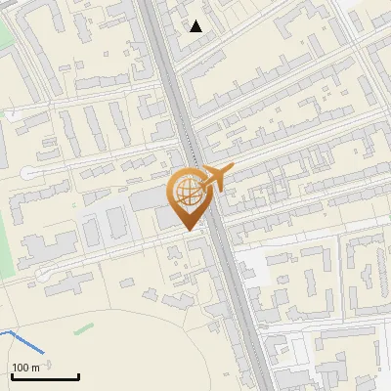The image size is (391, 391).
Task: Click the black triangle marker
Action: point(196,26)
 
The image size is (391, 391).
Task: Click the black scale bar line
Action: point(45,376)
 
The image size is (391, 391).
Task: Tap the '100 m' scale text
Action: point(26,368)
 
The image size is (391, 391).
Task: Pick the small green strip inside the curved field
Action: point(84,328)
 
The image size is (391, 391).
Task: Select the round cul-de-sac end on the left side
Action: point(27,173)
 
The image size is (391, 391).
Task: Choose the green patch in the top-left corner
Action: point(5,39)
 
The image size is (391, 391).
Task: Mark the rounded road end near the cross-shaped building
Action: point(43,276)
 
